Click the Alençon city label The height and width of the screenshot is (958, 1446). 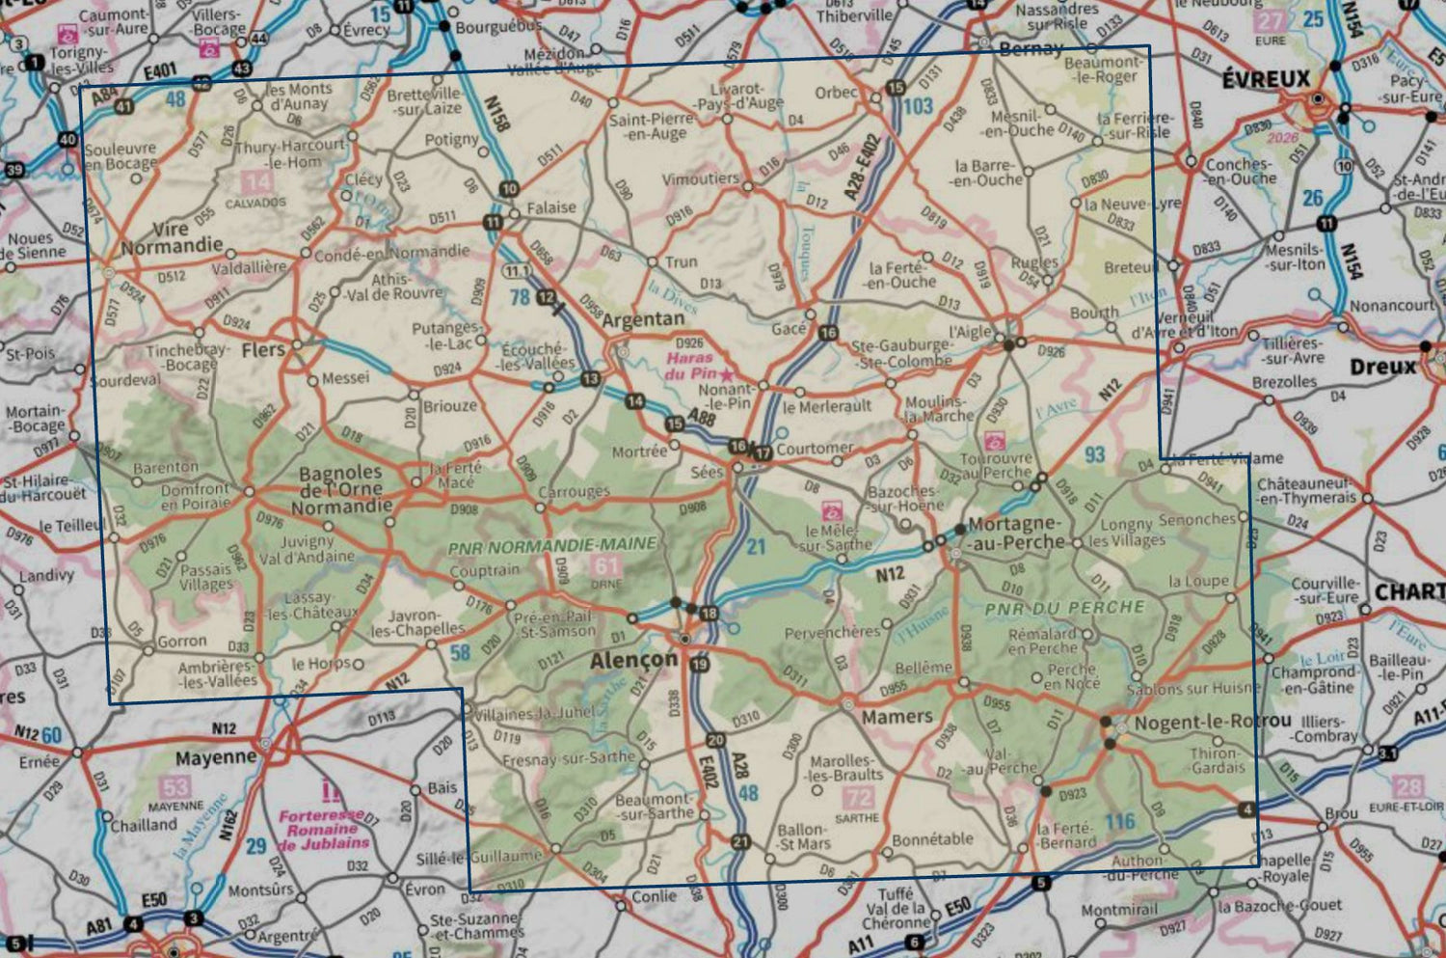[x=633, y=661]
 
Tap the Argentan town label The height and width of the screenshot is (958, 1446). [x=643, y=319]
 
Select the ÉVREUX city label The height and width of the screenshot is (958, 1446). [x=1266, y=79]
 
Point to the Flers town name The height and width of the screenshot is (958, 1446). [x=263, y=349]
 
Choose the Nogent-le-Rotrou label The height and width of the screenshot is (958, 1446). [x=1212, y=722]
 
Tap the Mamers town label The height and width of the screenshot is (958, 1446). [x=897, y=717]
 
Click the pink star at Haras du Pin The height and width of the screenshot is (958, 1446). [x=726, y=373]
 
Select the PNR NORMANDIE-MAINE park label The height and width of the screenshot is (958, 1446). [x=551, y=545]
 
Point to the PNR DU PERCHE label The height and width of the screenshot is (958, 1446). [x=1064, y=608]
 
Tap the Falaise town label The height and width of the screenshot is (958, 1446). [x=550, y=207]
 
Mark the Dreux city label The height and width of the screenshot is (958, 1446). [x=1383, y=367]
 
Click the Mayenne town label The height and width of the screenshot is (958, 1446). [x=216, y=757]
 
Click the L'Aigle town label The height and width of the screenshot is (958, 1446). [x=970, y=331]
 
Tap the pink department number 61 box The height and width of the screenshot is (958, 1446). [x=605, y=566]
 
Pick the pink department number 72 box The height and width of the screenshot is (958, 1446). [x=858, y=798]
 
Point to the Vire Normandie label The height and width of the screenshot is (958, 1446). [x=172, y=238]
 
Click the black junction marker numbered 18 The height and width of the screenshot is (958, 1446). [x=709, y=613]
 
